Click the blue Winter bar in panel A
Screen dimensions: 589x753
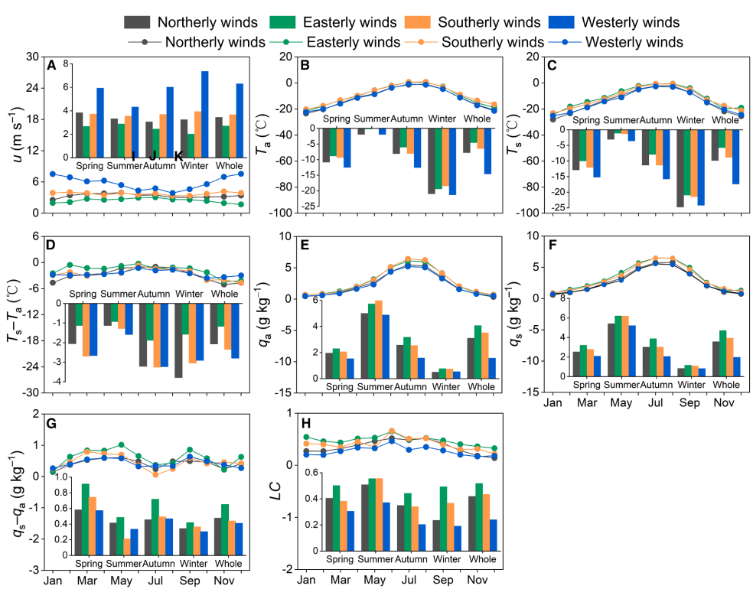pos(205,114)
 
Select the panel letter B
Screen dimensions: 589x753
pos(305,66)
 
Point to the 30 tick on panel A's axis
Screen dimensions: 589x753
pos(32,57)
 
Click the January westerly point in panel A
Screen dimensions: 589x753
pos(52,174)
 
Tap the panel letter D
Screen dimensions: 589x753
pos(51,246)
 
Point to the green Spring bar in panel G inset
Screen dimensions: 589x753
pos(85,519)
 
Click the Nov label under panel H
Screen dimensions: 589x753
pos(476,580)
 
